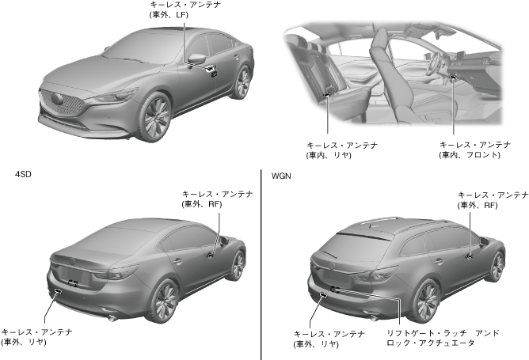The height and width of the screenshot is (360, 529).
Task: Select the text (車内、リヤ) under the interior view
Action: [x=329, y=155]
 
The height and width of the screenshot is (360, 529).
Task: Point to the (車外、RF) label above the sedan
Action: [x=203, y=203]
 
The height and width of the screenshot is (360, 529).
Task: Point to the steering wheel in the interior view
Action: [x=440, y=68]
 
